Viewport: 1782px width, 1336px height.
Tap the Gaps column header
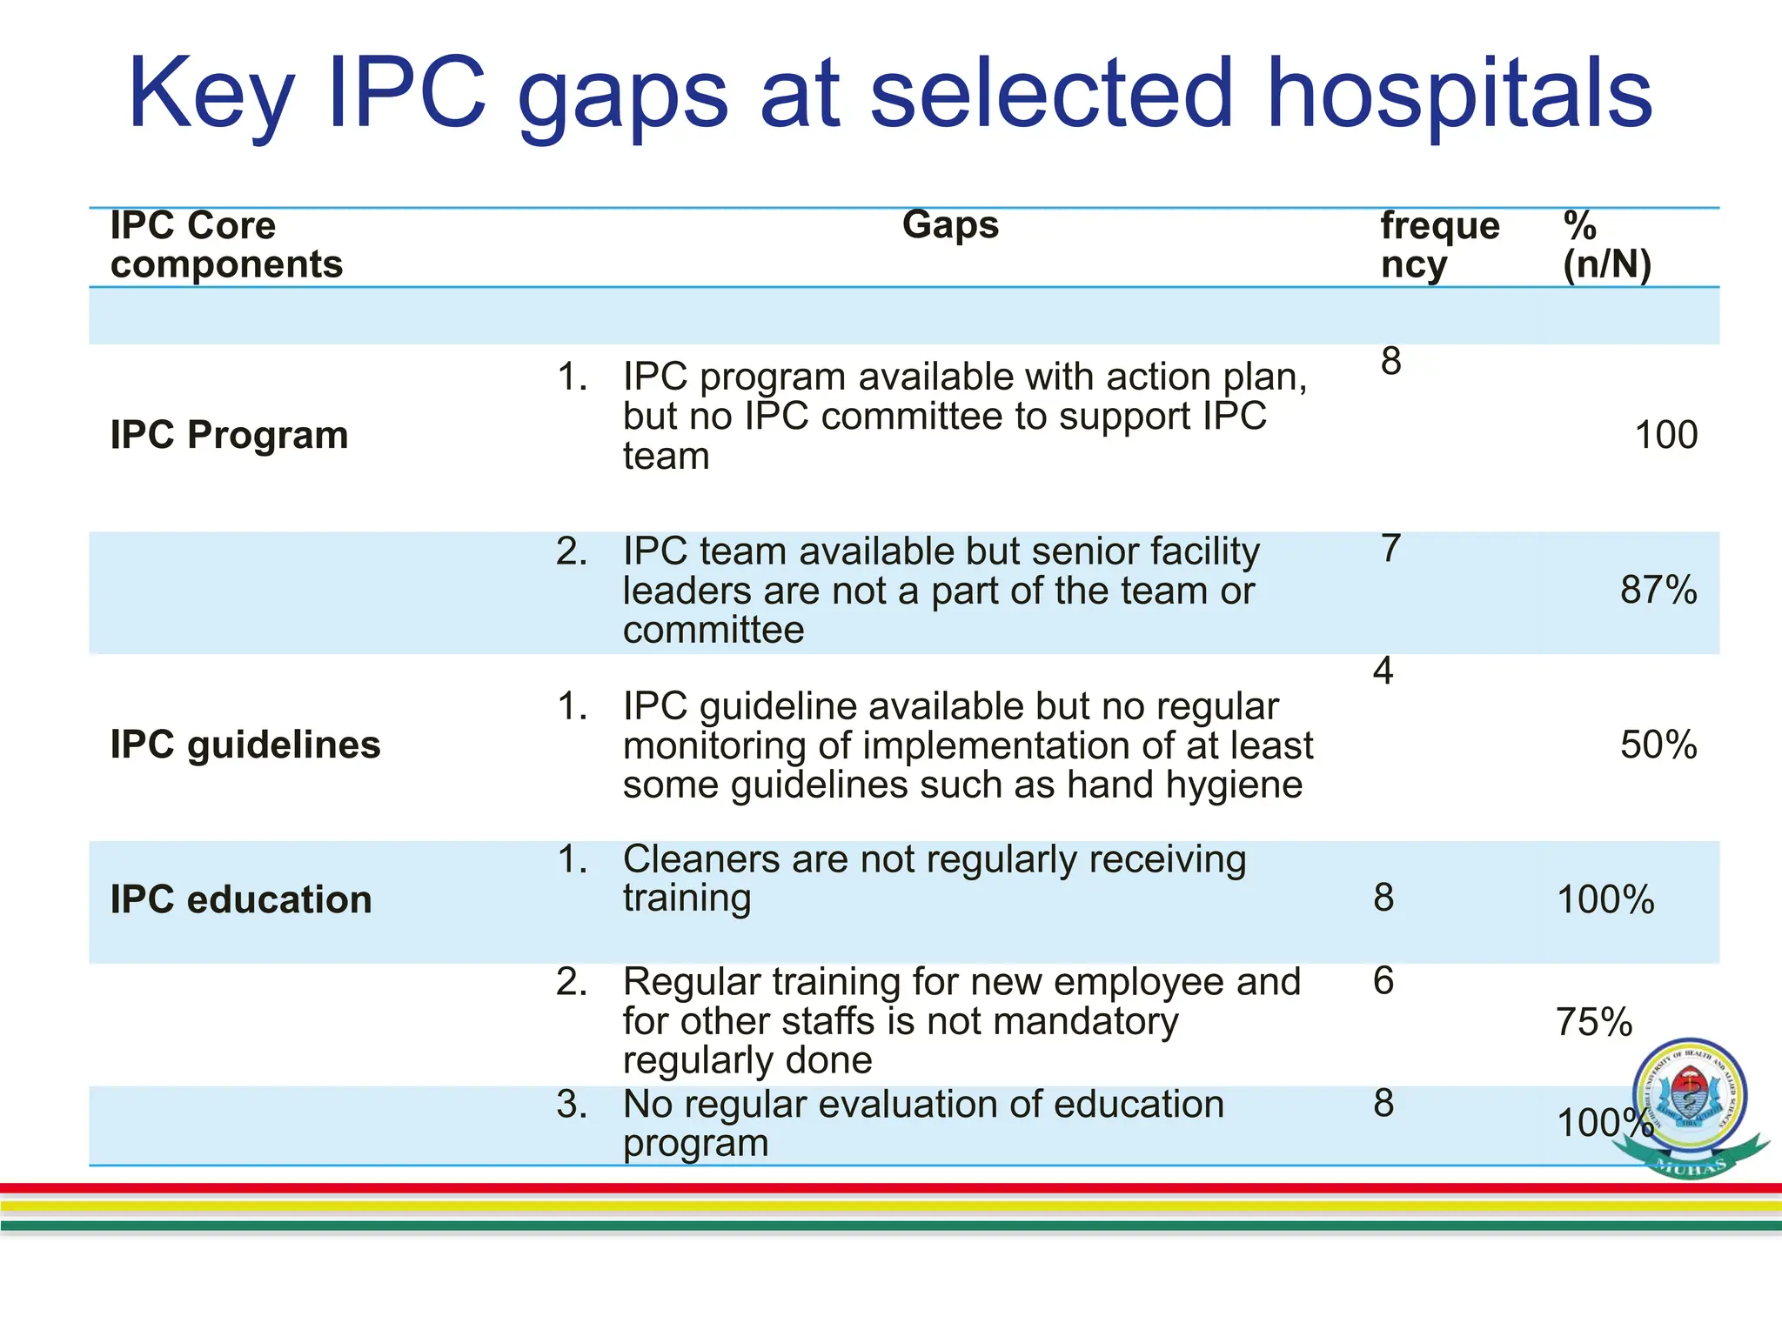pyautogui.click(x=950, y=225)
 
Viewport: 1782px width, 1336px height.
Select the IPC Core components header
pyautogui.click(x=226, y=245)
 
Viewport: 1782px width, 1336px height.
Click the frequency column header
pyautogui.click(x=1439, y=245)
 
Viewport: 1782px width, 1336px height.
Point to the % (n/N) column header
pyautogui.click(x=1606, y=245)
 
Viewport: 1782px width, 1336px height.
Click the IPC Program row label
pyautogui.click(x=229, y=435)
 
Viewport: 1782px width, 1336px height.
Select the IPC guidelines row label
pyautogui.click(x=245, y=745)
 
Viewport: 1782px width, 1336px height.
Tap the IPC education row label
pyautogui.click(x=241, y=900)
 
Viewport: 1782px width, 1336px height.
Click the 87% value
pyautogui.click(x=1658, y=591)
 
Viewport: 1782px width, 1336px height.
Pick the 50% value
pyautogui.click(x=1658, y=745)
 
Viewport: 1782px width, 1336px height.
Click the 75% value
pyautogui.click(x=1593, y=1023)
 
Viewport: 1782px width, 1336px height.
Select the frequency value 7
pyautogui.click(x=1390, y=549)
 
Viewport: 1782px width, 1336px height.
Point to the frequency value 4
pyautogui.click(x=1383, y=671)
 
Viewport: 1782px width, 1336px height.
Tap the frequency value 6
pyautogui.click(x=1383, y=982)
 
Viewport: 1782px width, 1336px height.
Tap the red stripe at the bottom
pyautogui.click(x=891, y=1188)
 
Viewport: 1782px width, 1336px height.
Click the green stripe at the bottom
pyautogui.click(x=891, y=1226)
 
